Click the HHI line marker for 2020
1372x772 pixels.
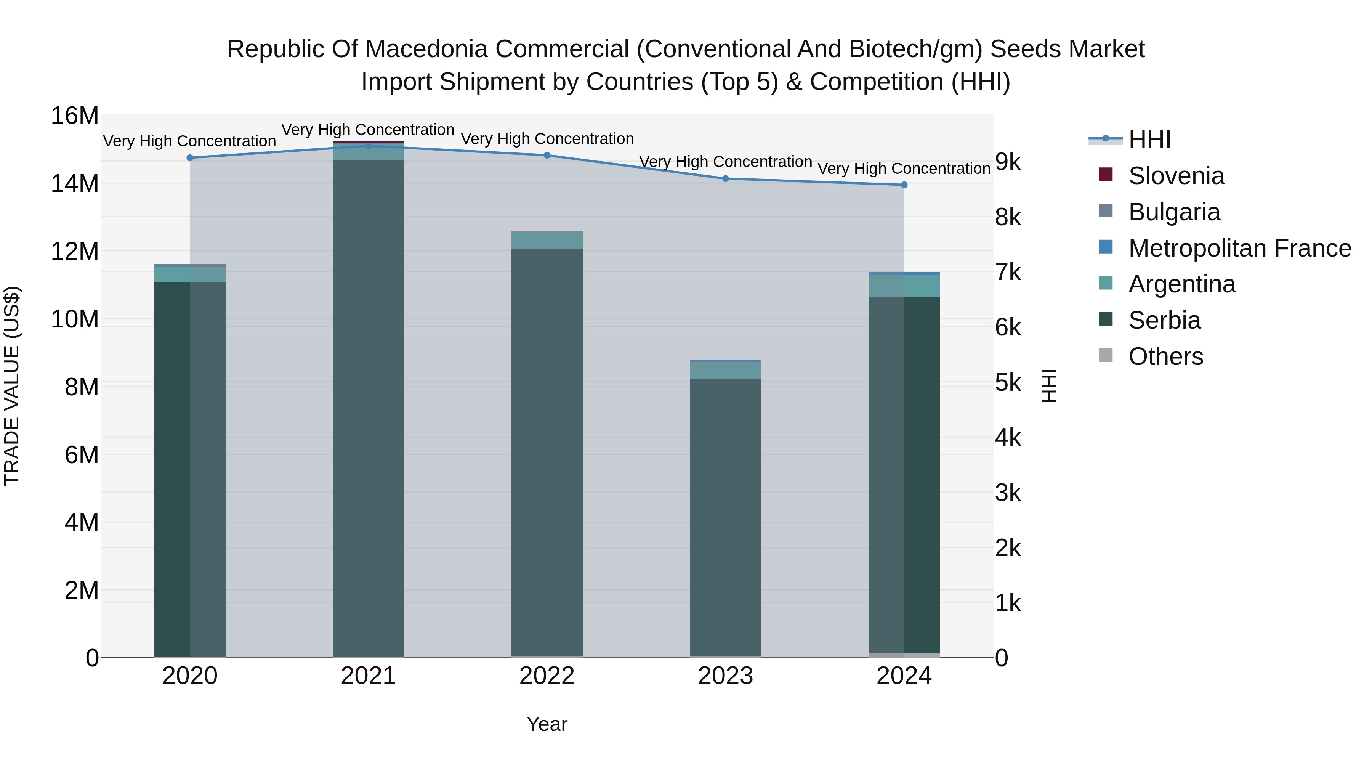(190, 158)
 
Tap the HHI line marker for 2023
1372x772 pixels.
(725, 178)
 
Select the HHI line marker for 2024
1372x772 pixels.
(904, 185)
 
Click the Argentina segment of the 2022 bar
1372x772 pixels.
(547, 240)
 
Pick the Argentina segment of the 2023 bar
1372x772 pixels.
(725, 370)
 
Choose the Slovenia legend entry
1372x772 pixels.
(1176, 176)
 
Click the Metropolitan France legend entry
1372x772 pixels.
(1239, 248)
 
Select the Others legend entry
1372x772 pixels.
(1165, 356)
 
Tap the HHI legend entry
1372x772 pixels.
(1149, 140)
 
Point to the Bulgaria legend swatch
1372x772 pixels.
(1106, 210)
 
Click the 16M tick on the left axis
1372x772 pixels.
(75, 116)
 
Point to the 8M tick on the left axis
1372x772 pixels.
(82, 387)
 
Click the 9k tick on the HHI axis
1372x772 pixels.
(1008, 162)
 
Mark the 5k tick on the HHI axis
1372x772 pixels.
(1008, 382)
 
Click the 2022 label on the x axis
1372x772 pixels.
(547, 676)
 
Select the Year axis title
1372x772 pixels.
(547, 724)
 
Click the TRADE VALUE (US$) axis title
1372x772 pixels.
(12, 386)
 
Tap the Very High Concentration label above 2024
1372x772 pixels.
(904, 169)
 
